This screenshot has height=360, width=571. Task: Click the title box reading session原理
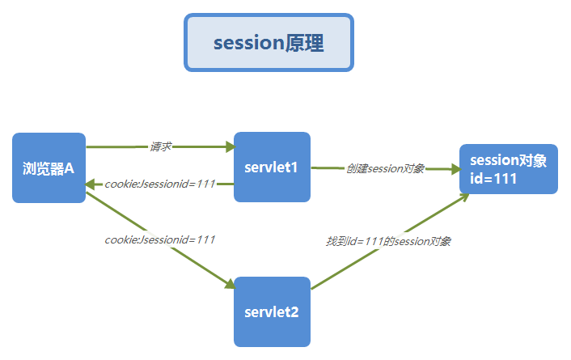point(269,43)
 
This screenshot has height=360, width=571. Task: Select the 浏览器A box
point(49,167)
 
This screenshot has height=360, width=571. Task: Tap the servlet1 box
point(272,167)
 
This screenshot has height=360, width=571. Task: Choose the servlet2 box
point(272,311)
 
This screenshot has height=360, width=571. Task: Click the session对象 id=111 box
point(508,169)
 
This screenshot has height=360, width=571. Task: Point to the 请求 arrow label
point(160,146)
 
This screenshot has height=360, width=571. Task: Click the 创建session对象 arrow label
point(385,168)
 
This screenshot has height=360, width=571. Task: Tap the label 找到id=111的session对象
point(388,241)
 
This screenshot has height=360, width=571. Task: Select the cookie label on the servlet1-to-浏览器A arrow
point(160,184)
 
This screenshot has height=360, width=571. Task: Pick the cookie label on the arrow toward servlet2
point(160,239)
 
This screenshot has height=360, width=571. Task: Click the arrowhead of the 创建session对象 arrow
point(452,169)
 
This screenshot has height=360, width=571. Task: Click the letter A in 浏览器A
point(70,168)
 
